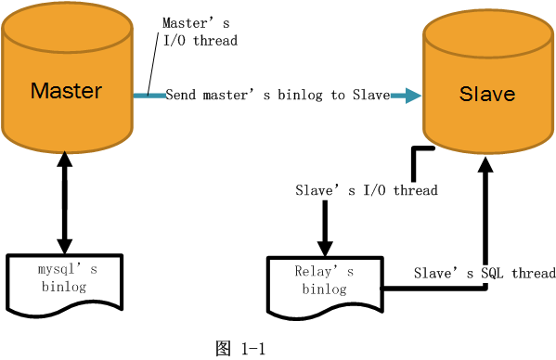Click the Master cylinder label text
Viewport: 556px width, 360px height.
[x=66, y=90]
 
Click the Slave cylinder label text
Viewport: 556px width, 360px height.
[x=487, y=95]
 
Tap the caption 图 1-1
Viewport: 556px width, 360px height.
[x=240, y=349]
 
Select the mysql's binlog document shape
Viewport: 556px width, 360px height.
[x=64, y=281]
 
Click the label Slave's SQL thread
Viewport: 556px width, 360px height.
[x=485, y=273]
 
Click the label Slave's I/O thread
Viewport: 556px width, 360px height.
[x=366, y=190]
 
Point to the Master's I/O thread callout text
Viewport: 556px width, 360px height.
[x=200, y=32]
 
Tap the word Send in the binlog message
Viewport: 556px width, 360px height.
[x=180, y=95]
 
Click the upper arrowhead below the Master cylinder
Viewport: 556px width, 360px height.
[x=65, y=160]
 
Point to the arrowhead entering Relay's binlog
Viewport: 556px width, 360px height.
[x=325, y=248]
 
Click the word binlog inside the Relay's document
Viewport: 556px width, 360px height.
[x=324, y=289]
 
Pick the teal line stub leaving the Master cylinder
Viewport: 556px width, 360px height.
[x=148, y=95]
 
